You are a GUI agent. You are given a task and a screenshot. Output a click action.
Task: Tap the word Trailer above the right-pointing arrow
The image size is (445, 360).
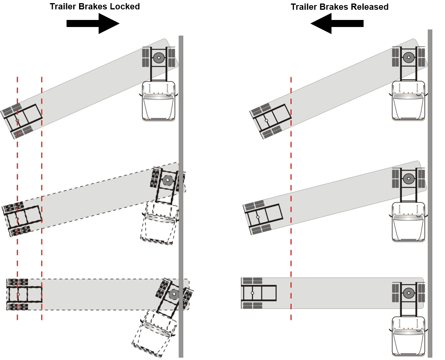coord(62,7)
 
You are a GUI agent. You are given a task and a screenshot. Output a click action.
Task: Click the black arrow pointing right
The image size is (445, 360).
coord(93,23)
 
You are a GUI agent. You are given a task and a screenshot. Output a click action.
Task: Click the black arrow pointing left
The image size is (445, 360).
coord(337,23)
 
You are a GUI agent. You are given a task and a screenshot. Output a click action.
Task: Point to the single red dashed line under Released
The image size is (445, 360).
coord(291,196)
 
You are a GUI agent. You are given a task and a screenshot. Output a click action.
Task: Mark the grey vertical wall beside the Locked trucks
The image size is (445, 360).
coord(181,196)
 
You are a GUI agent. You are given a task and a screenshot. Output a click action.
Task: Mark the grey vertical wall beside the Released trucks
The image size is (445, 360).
coord(430,196)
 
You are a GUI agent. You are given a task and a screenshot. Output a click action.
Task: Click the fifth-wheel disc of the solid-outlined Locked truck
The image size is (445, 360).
coord(159,58)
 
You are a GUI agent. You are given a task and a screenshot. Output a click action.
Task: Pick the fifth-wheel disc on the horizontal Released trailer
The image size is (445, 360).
coord(409,292)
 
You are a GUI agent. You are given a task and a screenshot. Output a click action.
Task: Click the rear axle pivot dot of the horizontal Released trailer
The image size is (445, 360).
coord(252,293)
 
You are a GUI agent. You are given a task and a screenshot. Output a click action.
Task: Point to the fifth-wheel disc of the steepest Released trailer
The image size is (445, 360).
coord(409,58)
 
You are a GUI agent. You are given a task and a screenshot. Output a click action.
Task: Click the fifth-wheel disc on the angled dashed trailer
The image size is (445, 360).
coord(168,180)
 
